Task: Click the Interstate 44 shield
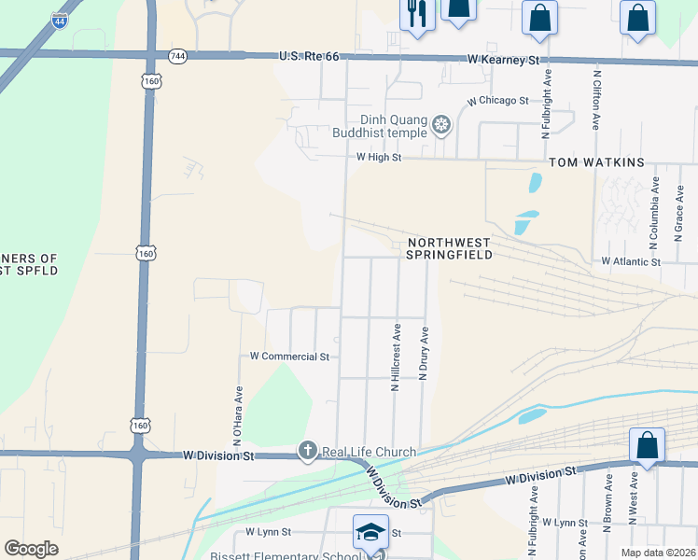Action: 60,18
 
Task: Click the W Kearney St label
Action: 504,60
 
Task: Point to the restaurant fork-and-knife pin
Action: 416,13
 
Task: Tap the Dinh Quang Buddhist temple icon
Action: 440,123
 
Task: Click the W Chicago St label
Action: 498,100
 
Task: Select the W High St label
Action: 378,158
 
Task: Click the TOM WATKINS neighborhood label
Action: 596,162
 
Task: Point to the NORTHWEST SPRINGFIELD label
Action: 442,248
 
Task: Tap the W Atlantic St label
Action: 631,262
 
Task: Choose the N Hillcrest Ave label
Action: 396,357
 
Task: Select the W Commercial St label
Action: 290,357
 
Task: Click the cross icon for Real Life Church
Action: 307,452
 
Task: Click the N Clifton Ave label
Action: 595,98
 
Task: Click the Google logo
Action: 31,549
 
